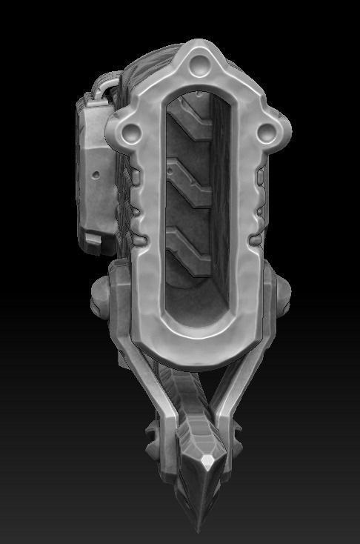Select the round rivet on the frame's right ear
[x=264, y=132]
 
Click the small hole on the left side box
[x=96, y=176]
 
